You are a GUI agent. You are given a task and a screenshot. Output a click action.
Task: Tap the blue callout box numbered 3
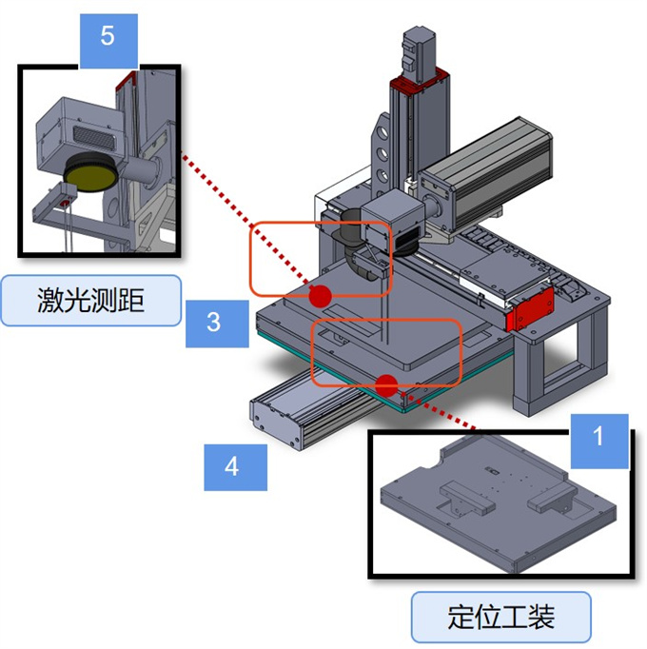tap(213, 321)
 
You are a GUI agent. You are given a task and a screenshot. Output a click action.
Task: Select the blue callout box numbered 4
tap(232, 468)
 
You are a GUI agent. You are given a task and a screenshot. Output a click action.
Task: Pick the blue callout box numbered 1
tap(598, 439)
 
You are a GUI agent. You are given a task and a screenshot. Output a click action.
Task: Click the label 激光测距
tap(91, 301)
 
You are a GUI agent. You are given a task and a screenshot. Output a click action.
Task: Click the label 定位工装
tap(500, 618)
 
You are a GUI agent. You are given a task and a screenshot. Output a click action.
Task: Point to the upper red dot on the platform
tap(321, 295)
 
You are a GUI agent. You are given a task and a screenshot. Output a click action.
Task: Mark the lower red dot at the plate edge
tap(385, 384)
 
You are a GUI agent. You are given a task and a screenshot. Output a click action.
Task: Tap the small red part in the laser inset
tap(64, 203)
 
